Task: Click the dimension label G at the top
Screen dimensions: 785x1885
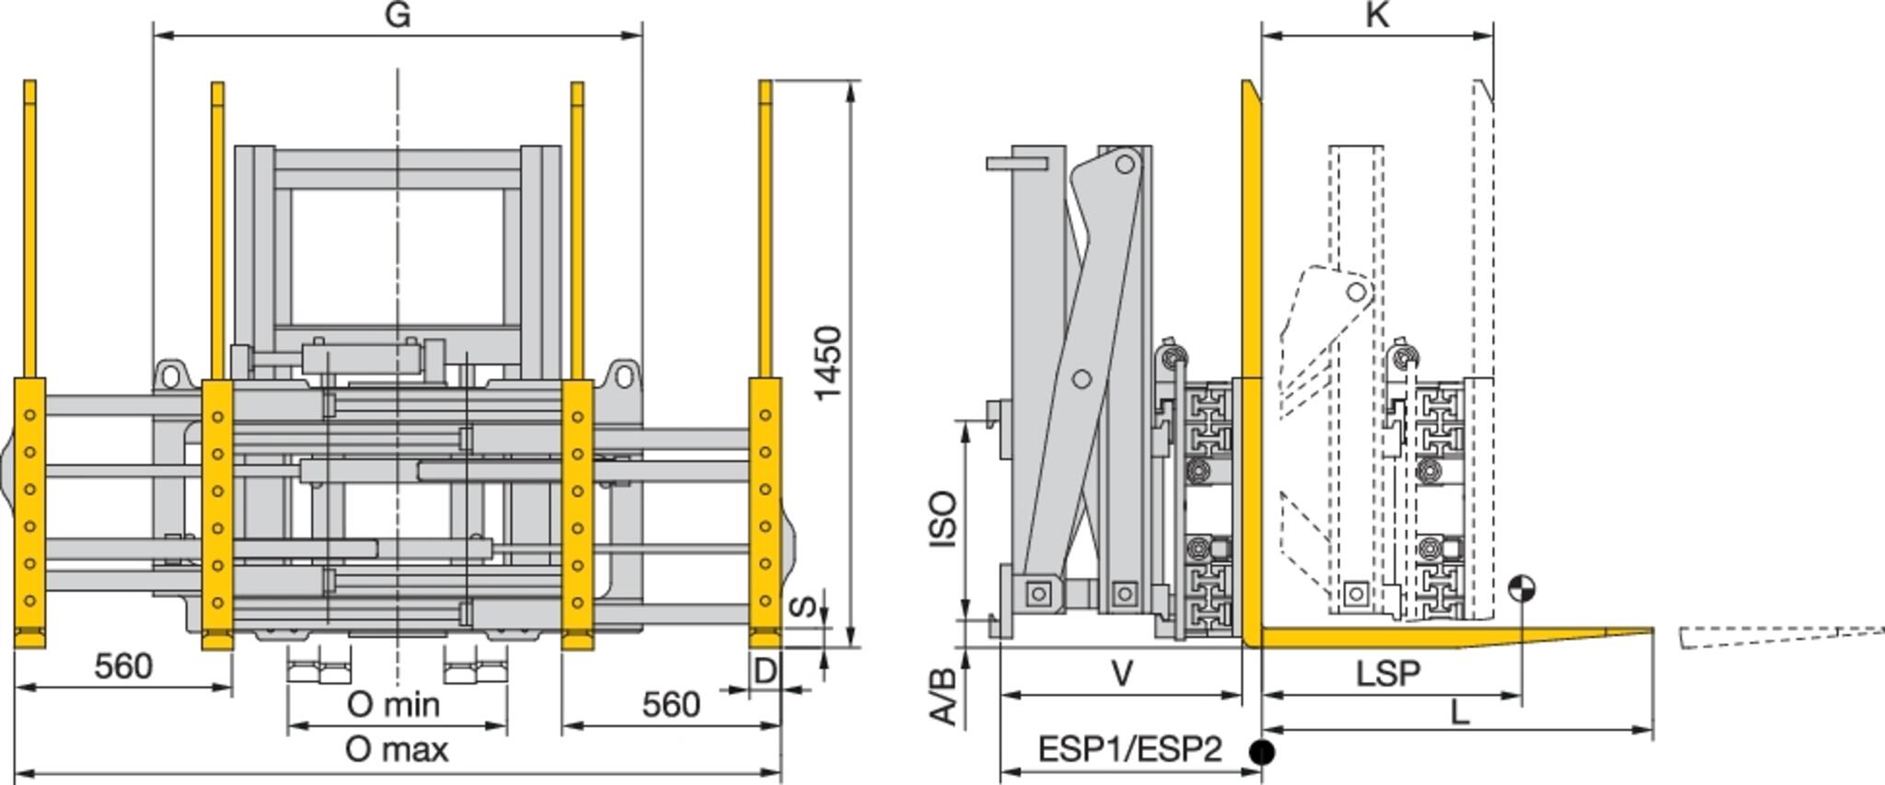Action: click(397, 15)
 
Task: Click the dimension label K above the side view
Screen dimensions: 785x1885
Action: click(1377, 15)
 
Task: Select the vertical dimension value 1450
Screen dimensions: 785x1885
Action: click(827, 363)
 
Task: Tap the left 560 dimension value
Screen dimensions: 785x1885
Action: click(123, 666)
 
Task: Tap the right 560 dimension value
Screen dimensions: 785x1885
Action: click(671, 705)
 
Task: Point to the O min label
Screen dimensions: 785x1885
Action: click(393, 705)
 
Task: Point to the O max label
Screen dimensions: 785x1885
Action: click(397, 750)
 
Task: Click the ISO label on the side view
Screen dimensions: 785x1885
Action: click(943, 520)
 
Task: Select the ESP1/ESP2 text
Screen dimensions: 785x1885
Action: click(1129, 750)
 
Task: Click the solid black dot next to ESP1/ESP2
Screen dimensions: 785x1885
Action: click(1263, 752)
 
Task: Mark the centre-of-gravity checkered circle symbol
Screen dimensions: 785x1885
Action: click(1521, 588)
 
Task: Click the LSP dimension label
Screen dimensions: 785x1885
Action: click(1387, 675)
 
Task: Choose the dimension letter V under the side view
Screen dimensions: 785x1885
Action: click(1122, 675)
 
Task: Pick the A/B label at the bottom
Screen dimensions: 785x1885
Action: click(943, 697)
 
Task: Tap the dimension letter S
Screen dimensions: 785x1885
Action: click(804, 606)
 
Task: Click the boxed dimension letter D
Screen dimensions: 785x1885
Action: click(765, 672)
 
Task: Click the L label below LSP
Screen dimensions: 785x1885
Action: click(1459, 711)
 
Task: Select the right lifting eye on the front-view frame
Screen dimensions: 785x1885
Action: click(623, 375)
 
